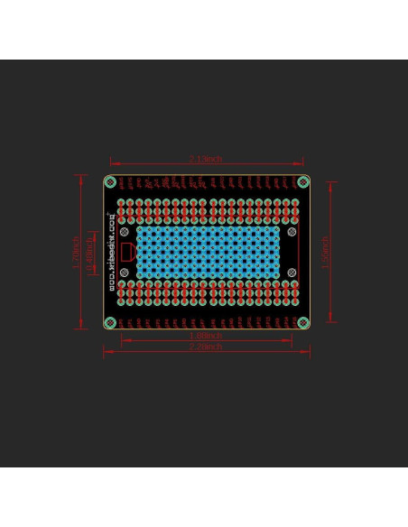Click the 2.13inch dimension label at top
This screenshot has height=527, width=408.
(206, 159)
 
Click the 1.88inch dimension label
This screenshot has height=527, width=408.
(206, 336)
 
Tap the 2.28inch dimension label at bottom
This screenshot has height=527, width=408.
(206, 347)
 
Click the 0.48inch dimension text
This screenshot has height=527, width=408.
(88, 253)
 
